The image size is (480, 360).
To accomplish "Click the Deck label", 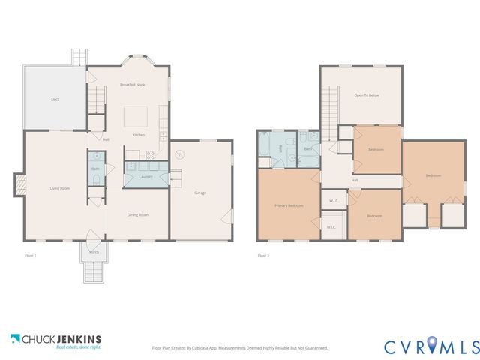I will click(55, 99).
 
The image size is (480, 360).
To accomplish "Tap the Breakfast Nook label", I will click(133, 85).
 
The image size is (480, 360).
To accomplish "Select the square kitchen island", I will click(136, 116).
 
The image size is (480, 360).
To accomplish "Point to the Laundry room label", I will click(146, 177).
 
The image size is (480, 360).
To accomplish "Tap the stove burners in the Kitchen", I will click(150, 156).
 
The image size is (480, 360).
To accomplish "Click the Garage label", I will click(200, 193).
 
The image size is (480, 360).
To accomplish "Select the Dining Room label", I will click(137, 215).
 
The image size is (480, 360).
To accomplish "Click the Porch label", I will click(94, 252).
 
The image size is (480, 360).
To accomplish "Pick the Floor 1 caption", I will click(31, 256).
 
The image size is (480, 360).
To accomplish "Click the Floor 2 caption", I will click(263, 256).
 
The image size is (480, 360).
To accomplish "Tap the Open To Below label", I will click(367, 95).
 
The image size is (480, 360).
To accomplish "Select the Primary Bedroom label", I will click(289, 205).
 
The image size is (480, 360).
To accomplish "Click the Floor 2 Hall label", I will click(355, 180).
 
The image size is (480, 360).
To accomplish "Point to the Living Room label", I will click(60, 188).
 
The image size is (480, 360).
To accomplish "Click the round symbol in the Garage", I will click(179, 155).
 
